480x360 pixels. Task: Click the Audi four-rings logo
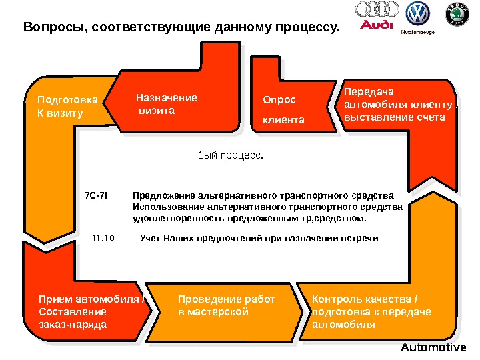point(377,10)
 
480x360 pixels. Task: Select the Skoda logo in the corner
point(456,14)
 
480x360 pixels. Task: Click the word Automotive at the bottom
point(433,348)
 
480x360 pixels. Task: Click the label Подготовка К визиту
point(67,107)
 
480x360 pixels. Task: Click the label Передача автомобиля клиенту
point(394,105)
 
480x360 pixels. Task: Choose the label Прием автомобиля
point(91,311)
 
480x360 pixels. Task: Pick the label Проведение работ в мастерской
point(226,305)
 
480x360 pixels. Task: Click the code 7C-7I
point(96,196)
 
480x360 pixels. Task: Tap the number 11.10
point(103,237)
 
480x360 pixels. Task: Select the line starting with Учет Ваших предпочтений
point(259,237)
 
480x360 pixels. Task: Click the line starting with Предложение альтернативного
point(263,196)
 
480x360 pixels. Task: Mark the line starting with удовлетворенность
point(249,218)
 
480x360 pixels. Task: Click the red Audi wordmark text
point(377,25)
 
